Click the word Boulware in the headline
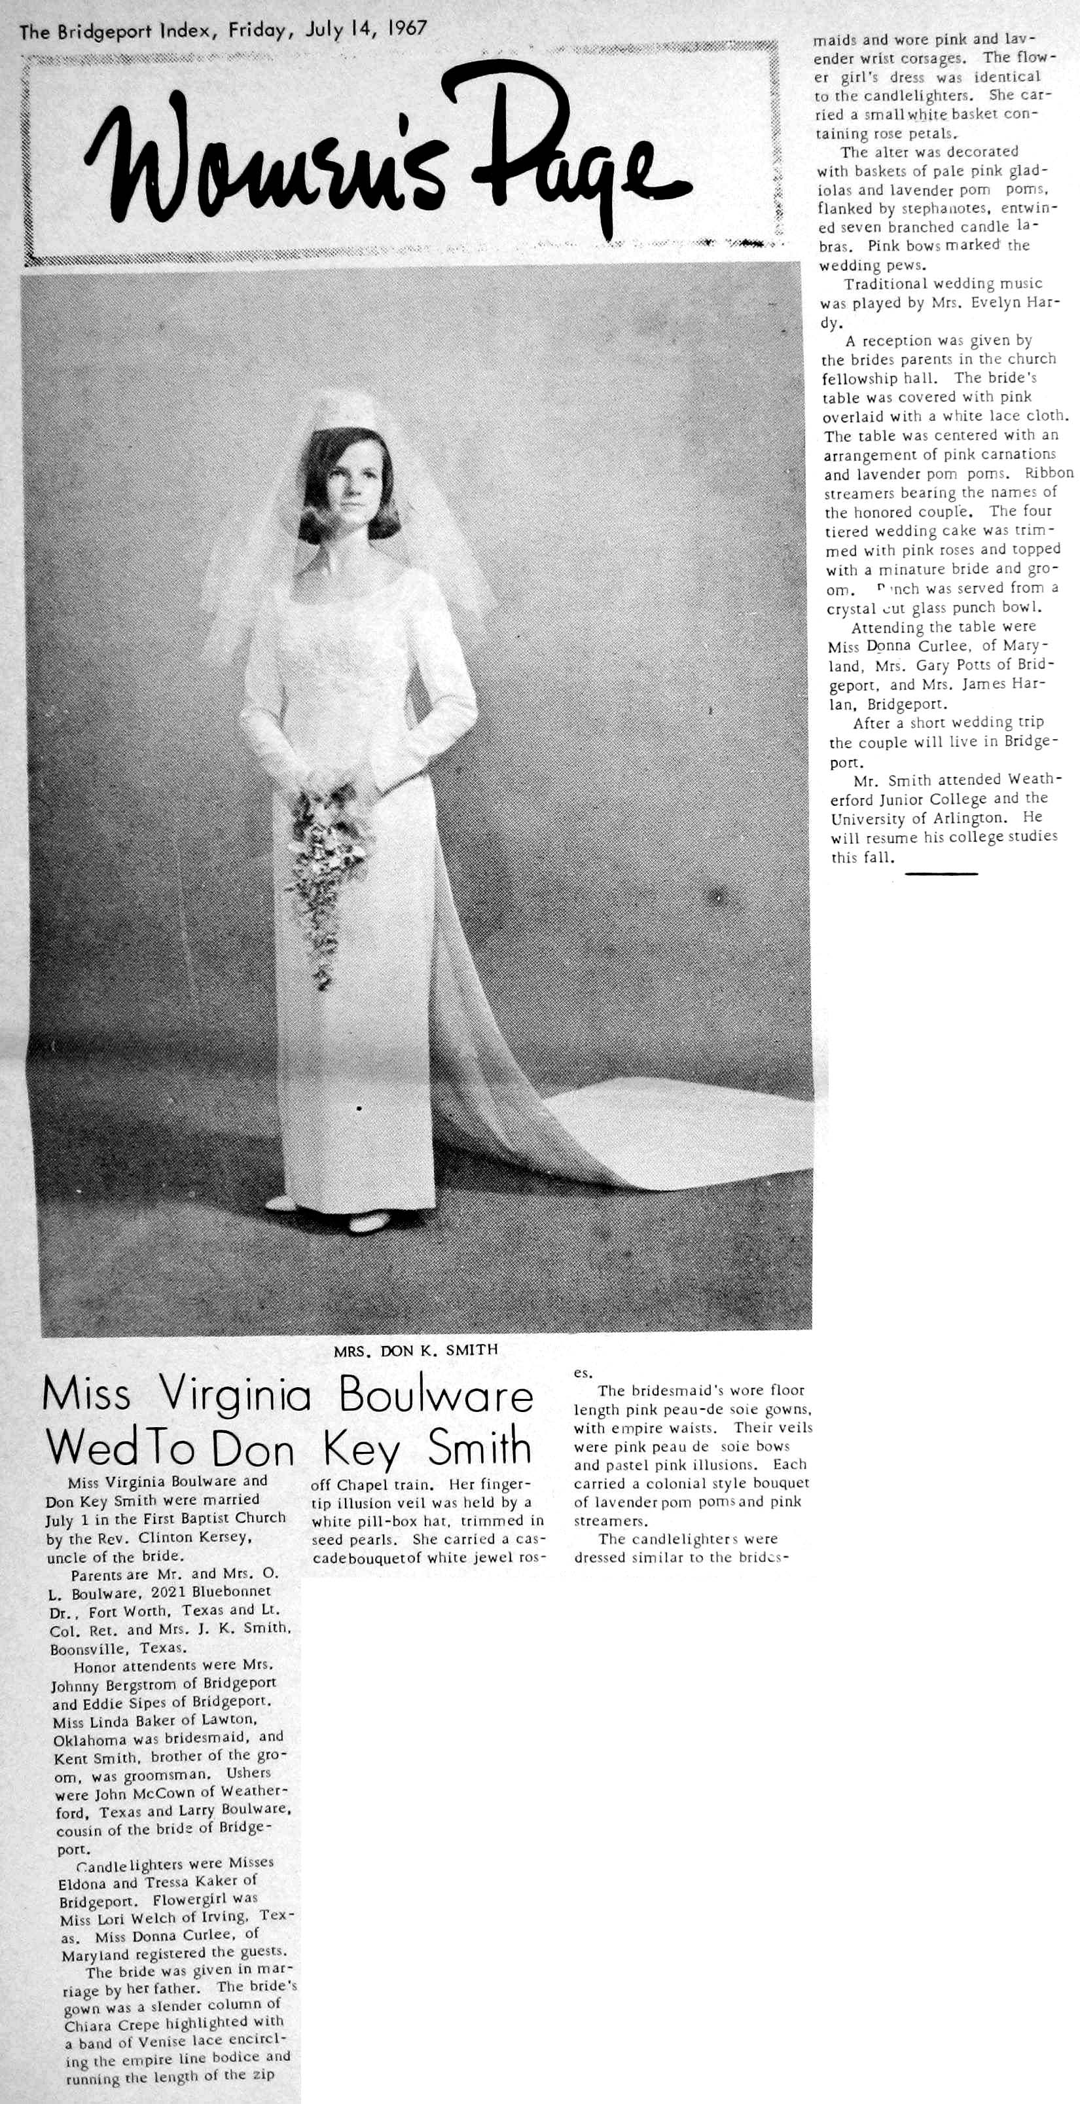(435, 1398)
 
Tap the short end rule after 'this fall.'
(941, 873)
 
